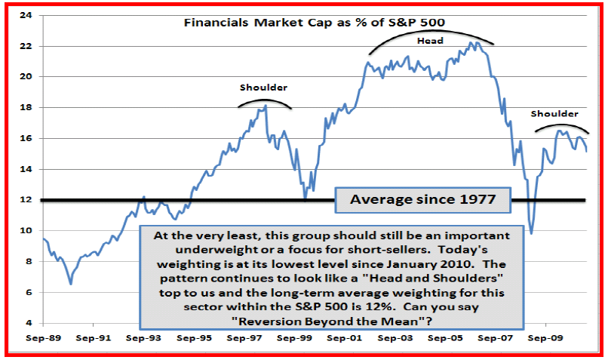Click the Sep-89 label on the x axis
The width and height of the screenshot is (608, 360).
47,338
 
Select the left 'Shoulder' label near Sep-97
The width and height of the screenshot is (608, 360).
263,87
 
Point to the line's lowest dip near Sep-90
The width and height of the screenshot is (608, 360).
71,284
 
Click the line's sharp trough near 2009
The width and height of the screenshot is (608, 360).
532,233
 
